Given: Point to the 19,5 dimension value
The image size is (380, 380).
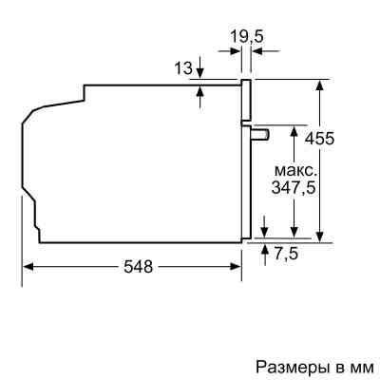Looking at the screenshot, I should coord(246,38).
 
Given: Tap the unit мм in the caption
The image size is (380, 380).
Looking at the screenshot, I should coord(362,366).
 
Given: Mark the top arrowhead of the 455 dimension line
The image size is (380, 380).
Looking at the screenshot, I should coord(321,84).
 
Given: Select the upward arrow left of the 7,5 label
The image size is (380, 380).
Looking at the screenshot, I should coord(264,249).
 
